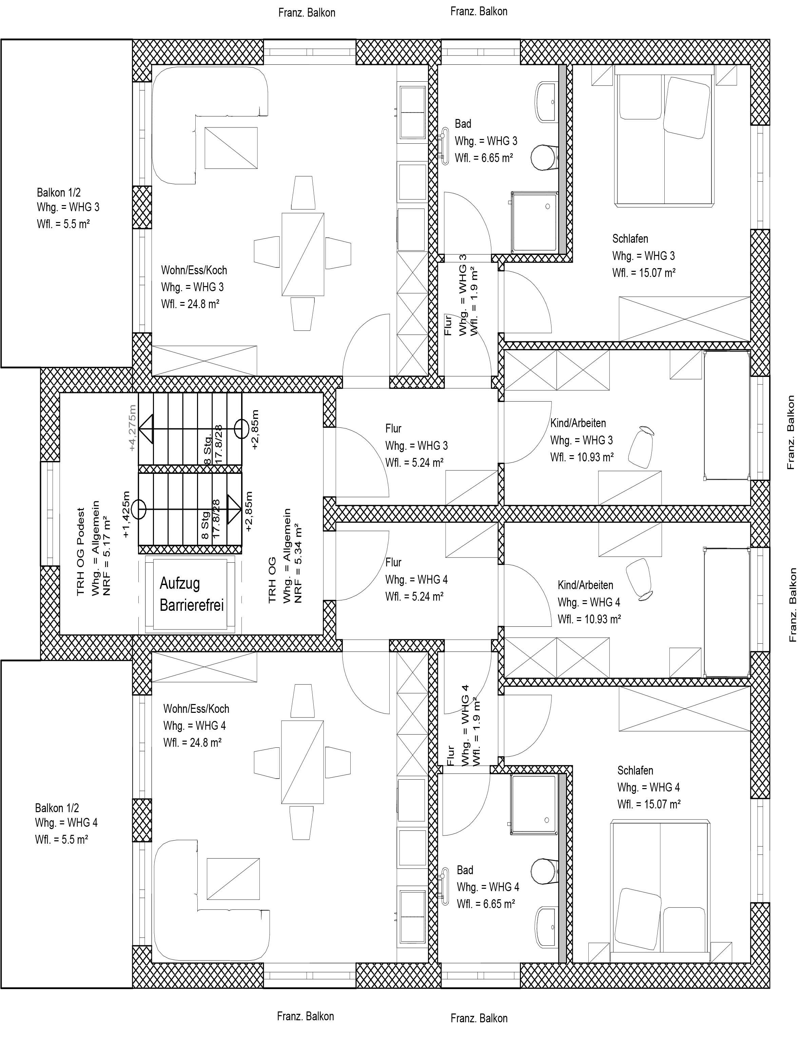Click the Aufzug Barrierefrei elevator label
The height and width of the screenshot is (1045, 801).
tap(192, 594)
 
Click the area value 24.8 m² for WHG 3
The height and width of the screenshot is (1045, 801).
tap(203, 304)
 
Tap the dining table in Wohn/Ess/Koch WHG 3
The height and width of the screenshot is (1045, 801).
tap(303, 255)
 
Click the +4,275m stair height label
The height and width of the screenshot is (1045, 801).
tap(132, 427)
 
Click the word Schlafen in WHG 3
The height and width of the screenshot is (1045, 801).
tap(630, 238)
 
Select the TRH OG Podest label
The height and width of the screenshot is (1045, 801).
tap(81, 551)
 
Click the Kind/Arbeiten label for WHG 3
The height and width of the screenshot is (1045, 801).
tap(578, 423)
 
